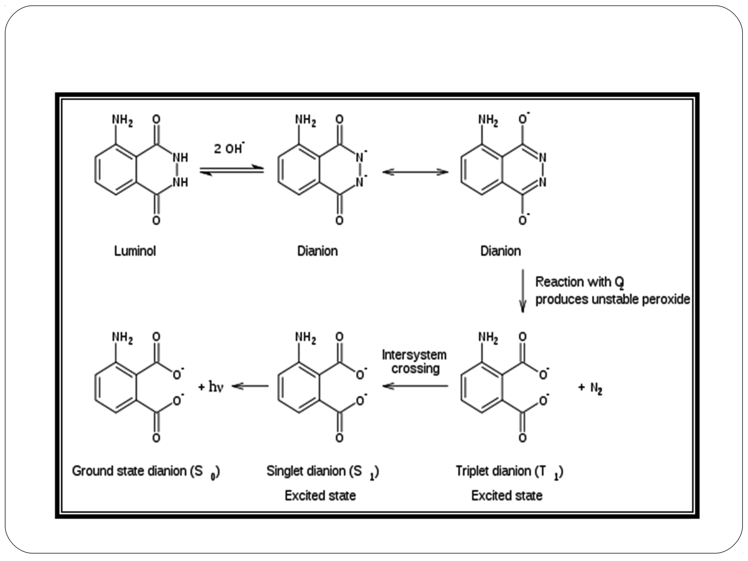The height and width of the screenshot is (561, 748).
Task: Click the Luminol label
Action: coord(135,251)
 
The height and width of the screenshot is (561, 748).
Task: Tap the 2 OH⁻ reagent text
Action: coord(229,148)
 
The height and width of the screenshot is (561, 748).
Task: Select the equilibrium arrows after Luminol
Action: coord(232,171)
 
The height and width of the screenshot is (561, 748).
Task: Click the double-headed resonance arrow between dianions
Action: coord(415,172)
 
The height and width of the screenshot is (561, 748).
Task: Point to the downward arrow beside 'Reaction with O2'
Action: coord(523,291)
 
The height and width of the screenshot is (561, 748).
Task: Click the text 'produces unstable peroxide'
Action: coord(612,299)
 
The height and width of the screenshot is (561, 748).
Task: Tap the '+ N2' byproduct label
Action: coord(590,388)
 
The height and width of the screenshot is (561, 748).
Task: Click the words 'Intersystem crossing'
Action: coord(415,362)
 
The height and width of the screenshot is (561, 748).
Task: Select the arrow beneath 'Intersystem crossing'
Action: coord(415,386)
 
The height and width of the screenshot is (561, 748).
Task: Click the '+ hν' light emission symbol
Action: coord(211,387)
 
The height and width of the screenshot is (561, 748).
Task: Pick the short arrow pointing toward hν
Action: coord(251,386)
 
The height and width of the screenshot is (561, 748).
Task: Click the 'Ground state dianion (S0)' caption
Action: coord(146,472)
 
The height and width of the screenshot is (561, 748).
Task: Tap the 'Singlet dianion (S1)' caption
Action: coord(323,472)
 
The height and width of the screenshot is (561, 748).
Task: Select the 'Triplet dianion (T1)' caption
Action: coord(509,472)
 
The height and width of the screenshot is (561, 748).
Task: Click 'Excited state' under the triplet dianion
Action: coord(507,496)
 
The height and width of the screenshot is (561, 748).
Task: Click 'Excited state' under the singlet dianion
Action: coord(320,496)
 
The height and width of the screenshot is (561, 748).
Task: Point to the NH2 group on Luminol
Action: coord(122,120)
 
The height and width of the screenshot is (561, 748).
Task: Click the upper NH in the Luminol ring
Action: coord(180,158)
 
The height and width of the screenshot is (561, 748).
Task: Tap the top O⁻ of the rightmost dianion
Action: coord(523,119)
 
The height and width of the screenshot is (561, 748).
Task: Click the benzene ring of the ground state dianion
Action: coord(116,388)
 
